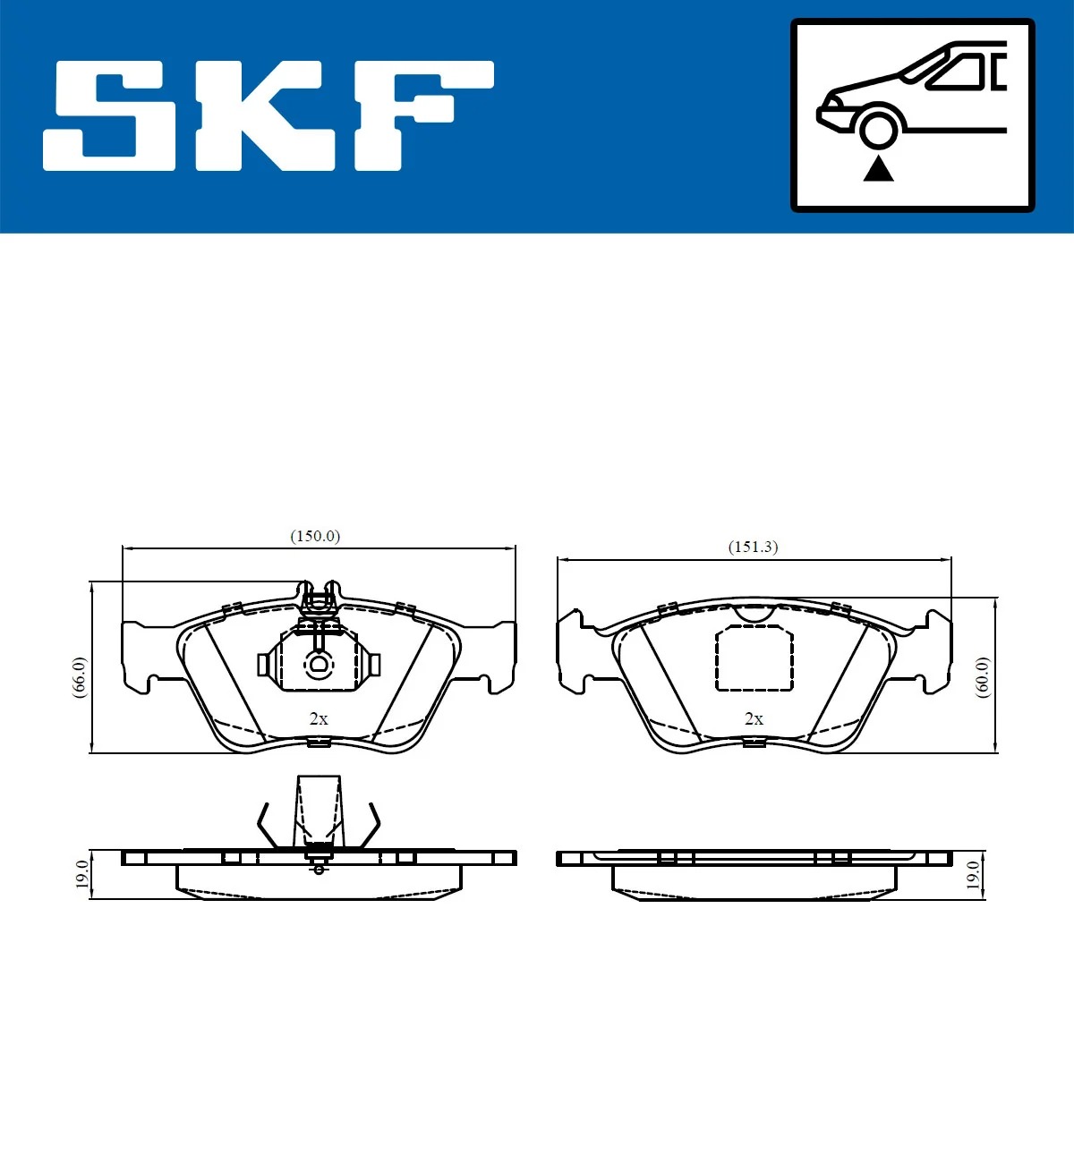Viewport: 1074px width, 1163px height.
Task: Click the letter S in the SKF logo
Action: tap(111, 116)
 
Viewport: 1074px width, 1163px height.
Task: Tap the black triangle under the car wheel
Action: tap(879, 168)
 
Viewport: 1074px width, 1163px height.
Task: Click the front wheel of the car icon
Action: tap(879, 128)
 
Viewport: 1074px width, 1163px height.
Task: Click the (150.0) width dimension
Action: tap(315, 536)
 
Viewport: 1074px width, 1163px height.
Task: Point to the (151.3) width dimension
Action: tap(753, 547)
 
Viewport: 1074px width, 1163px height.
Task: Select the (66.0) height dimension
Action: tap(80, 677)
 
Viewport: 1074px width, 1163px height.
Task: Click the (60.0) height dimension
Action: tap(982, 677)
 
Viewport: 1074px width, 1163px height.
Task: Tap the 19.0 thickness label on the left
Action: tap(82, 874)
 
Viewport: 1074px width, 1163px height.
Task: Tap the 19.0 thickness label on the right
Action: tap(973, 874)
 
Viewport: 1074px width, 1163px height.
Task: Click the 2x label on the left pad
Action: tap(319, 718)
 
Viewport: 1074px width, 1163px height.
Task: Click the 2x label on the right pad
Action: tap(754, 718)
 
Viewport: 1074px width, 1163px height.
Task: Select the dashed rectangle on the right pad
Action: tap(754, 658)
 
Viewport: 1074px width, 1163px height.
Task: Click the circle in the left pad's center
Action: tap(319, 664)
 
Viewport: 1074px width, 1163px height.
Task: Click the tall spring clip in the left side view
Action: tap(319, 810)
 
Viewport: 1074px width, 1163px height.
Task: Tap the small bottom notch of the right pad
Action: tap(754, 742)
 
